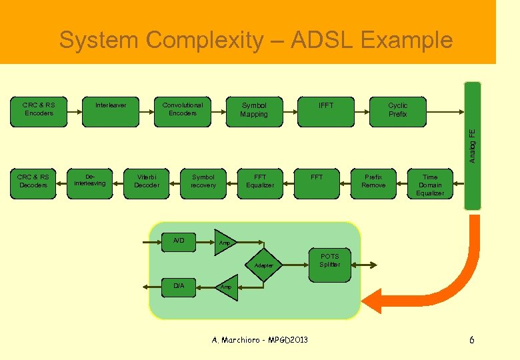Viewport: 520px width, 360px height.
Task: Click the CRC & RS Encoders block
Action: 39,111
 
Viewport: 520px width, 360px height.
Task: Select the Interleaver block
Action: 111,111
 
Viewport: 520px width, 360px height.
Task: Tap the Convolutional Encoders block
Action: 183,111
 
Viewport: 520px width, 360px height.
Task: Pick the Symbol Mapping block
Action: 254,111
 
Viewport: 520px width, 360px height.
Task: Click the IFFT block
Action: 326,111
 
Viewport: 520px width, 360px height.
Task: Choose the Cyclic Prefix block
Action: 398,111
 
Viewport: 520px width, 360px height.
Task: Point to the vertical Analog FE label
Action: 472,145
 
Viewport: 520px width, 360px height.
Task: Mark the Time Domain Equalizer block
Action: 430,185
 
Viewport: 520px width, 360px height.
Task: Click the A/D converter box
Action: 179,241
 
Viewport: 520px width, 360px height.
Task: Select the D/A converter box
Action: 179,287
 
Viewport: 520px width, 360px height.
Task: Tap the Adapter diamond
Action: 264,265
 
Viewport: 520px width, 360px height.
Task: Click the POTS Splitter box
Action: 329,261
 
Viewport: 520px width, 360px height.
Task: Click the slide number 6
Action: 472,340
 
